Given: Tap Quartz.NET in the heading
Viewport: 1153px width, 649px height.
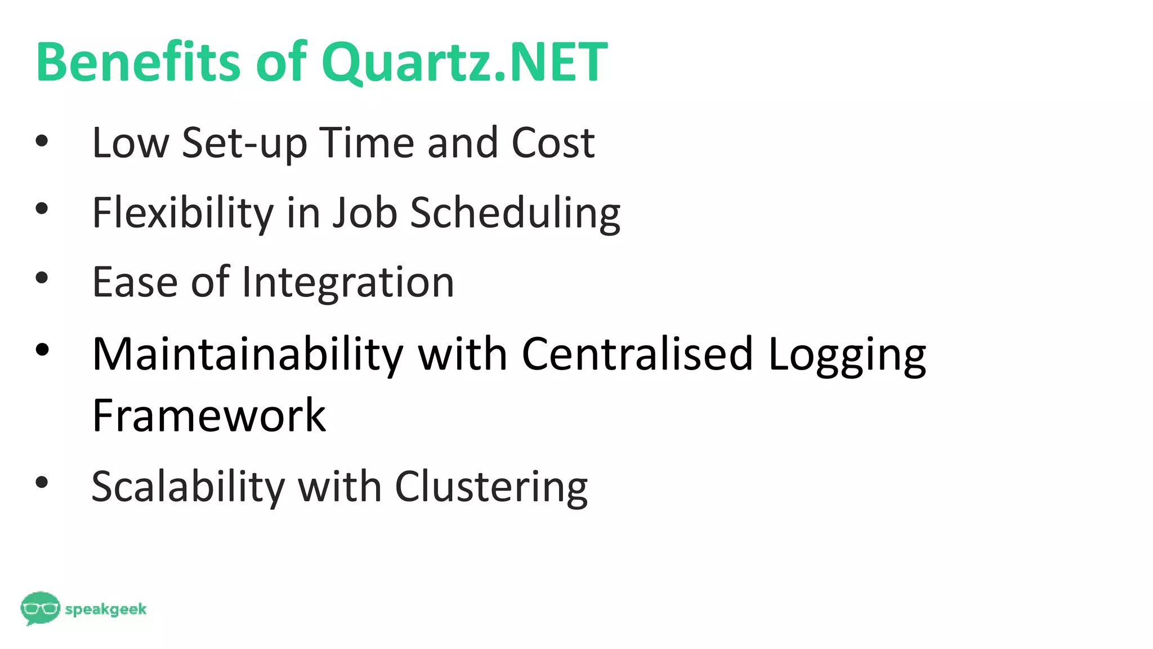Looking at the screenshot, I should [x=464, y=63].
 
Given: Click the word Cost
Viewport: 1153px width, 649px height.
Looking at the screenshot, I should [x=553, y=143].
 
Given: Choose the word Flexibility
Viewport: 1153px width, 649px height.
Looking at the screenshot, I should [x=183, y=214].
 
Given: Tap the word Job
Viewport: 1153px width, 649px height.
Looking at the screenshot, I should [x=364, y=212].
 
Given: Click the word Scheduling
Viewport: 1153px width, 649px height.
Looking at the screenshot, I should [x=515, y=214].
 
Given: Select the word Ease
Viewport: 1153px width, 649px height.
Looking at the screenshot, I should [x=136, y=282].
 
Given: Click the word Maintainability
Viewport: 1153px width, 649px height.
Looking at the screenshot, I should [x=248, y=355].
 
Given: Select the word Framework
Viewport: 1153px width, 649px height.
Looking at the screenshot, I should [x=209, y=415].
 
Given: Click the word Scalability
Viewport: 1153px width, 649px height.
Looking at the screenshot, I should [x=188, y=487].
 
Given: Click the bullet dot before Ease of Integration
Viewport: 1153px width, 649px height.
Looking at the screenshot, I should [x=42, y=278].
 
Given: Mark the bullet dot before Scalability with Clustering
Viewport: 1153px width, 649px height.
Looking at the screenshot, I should [x=42, y=482].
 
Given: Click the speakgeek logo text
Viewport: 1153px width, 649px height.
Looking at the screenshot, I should [x=106, y=610].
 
